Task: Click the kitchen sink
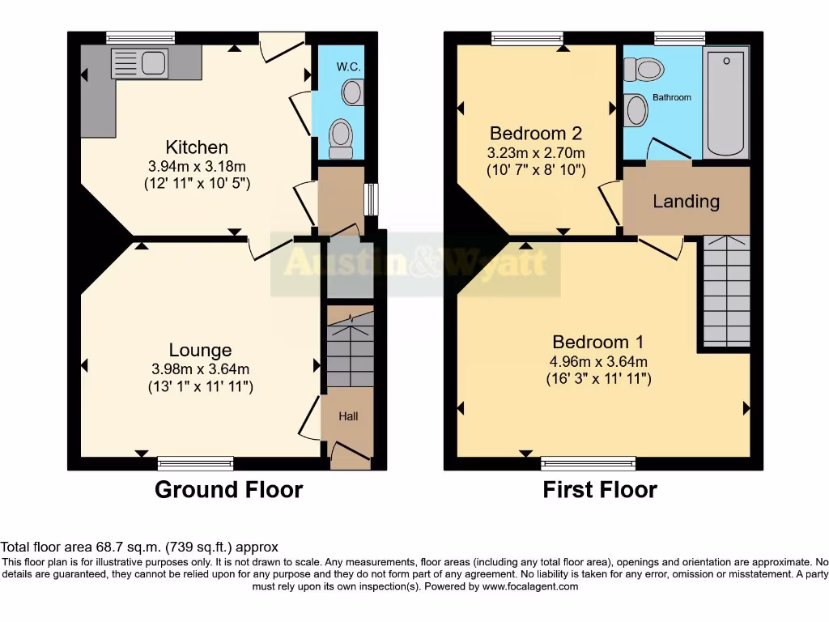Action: point(138,62)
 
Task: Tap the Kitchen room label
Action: point(197,147)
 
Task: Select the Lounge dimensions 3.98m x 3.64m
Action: point(200,369)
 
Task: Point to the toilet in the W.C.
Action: point(341,138)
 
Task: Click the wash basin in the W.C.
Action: point(353,93)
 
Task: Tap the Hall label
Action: point(348,416)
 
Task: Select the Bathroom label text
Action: point(672,97)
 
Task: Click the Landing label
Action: point(686,201)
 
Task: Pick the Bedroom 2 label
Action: point(535,133)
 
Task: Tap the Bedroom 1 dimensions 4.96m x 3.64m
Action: point(598,361)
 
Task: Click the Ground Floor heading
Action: point(228,490)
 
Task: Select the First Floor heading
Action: point(600,490)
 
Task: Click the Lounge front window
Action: point(196,463)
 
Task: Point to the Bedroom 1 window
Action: point(589,463)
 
